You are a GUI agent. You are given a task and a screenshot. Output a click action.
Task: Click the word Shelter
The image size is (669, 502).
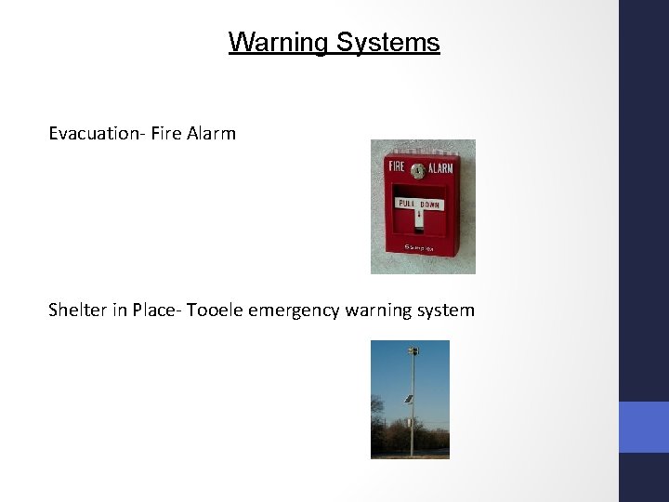tap(78, 310)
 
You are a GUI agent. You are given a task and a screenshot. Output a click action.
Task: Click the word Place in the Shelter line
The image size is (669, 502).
tap(154, 310)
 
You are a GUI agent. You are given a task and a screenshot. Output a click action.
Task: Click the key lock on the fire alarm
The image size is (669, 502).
tap(418, 171)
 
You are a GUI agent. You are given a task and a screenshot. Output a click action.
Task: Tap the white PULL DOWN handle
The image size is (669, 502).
tap(420, 205)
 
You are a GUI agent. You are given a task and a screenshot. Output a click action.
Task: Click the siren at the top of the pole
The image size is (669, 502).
tap(412, 352)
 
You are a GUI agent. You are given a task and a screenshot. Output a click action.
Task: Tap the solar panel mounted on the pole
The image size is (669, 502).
tap(407, 399)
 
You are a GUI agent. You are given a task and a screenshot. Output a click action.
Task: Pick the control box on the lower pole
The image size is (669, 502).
tap(410, 423)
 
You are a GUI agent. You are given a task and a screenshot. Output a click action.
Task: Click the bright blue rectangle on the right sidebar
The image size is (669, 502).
tap(644, 427)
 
